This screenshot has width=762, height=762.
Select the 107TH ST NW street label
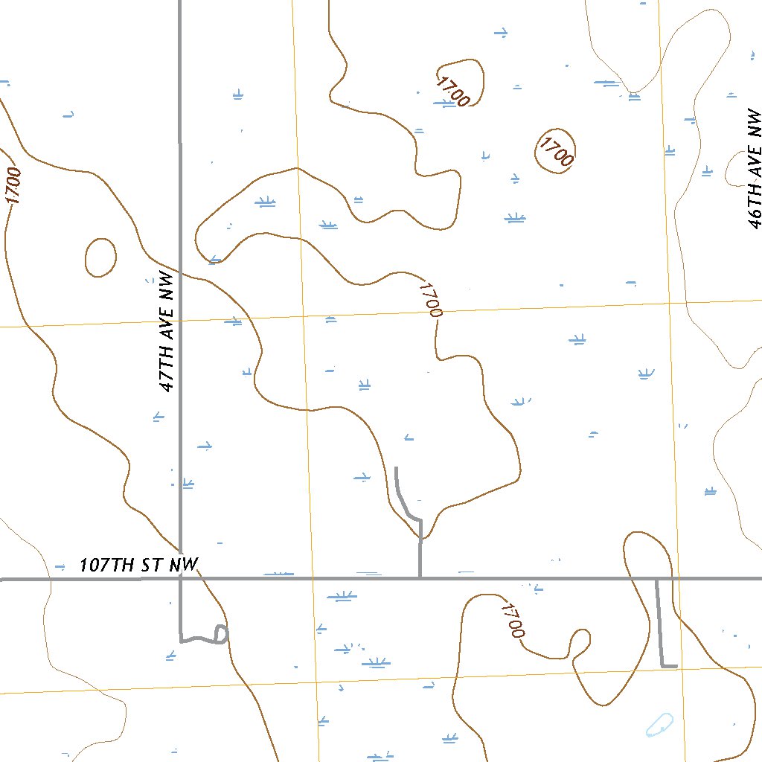[139, 565]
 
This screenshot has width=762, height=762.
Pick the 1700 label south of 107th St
[513, 620]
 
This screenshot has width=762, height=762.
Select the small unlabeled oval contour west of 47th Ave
[100, 257]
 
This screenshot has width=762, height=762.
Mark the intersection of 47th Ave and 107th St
[180, 578]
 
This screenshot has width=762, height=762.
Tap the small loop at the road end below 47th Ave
[220, 634]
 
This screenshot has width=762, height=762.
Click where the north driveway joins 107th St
[420, 577]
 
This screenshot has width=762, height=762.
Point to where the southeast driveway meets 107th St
[656, 579]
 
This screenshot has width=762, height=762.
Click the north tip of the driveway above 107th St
[396, 468]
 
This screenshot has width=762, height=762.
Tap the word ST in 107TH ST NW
[156, 565]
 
